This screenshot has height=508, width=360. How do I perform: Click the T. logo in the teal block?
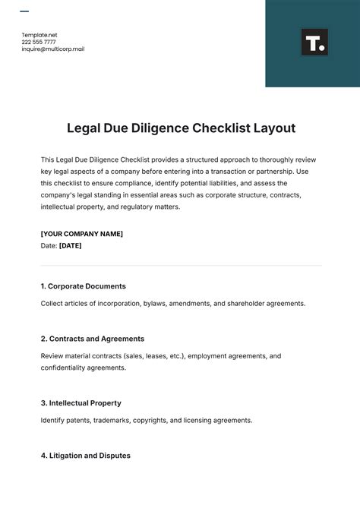[x=314, y=43]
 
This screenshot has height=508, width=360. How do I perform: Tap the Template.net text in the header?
[x=39, y=35]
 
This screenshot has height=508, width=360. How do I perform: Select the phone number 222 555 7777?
[x=44, y=42]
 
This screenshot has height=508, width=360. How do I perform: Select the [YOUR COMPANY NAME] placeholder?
[x=82, y=233]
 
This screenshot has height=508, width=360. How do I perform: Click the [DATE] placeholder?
[x=71, y=245]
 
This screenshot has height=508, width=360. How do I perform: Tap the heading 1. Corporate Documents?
[x=84, y=286]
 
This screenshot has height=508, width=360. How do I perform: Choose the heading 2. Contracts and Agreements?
[x=93, y=339]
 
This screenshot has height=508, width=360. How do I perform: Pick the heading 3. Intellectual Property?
[x=81, y=402]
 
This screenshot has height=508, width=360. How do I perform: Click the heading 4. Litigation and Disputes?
[x=86, y=456]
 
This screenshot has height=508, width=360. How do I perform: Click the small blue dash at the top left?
[x=24, y=11]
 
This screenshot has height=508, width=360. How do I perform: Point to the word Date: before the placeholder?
[x=49, y=245]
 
